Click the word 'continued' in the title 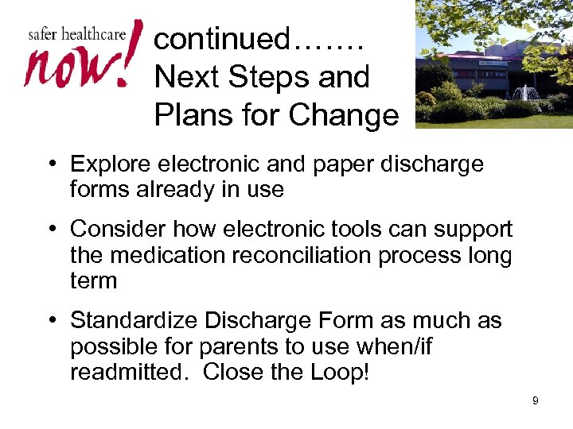pos(223,38)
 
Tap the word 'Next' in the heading pos(187,77)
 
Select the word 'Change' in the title pos(344,115)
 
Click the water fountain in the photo pos(525,94)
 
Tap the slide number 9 pos(536,400)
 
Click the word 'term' pos(93,281)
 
